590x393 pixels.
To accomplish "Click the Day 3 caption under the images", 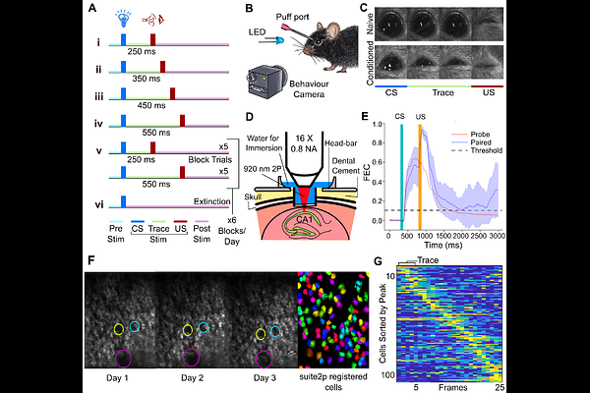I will tap(261, 377).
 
